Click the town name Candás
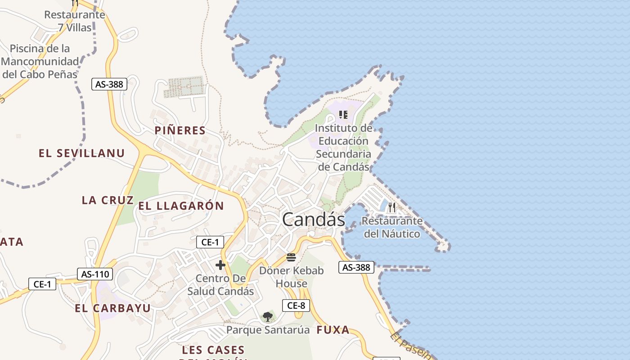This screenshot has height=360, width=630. (x=313, y=220)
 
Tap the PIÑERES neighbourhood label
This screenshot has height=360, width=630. (x=180, y=130)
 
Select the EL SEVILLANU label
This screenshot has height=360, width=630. (x=81, y=153)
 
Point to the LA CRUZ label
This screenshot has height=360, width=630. (x=108, y=200)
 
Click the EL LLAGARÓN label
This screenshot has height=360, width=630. (x=181, y=206)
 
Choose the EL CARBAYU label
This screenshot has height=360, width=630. (x=112, y=308)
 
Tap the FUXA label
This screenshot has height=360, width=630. (x=333, y=330)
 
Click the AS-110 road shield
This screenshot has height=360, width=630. (x=94, y=274)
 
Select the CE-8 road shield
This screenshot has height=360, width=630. (x=296, y=306)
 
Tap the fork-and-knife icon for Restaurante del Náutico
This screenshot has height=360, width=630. (x=392, y=207)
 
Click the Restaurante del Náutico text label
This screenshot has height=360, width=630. (x=392, y=227)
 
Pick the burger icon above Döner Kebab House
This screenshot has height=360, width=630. (x=291, y=258)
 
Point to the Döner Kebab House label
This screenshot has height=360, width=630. (x=292, y=277)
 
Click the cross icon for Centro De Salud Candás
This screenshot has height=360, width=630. (x=220, y=265)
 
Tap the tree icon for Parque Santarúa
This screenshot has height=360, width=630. (x=268, y=316)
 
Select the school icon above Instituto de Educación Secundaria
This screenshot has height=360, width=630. (x=343, y=114)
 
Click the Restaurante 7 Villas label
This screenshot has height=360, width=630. (x=75, y=21)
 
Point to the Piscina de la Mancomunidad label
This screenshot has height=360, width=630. (x=40, y=61)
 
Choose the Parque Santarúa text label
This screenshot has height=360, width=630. (x=268, y=330)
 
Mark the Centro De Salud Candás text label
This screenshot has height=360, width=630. (x=220, y=285)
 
